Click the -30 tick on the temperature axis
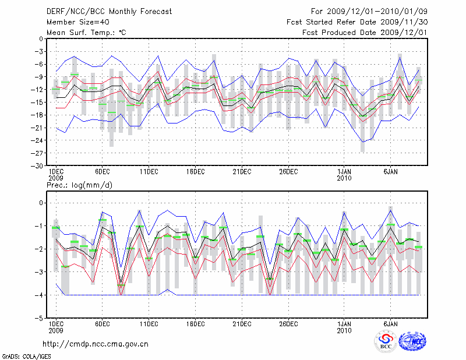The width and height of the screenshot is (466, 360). coord(37,165)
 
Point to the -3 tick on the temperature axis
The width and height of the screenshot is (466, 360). coord(38,51)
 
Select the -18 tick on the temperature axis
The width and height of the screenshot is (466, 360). coord(37,115)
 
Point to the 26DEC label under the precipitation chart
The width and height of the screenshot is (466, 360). coord(288,323)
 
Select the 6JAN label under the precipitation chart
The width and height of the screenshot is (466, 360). coord(391,323)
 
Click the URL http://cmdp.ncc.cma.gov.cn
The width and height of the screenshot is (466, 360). coord(96,344)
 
